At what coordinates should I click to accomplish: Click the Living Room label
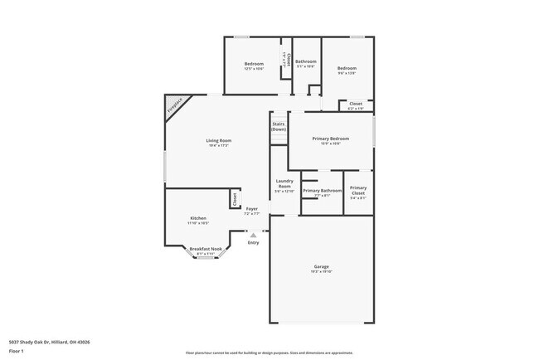(x=219, y=140)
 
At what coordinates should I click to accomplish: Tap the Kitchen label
(x=197, y=218)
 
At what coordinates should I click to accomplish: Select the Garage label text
(x=321, y=266)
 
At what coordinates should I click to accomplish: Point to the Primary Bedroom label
(x=330, y=139)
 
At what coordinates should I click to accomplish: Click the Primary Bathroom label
(x=323, y=191)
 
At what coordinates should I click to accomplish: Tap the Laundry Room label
(x=284, y=184)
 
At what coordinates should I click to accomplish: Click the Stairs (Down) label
(x=279, y=127)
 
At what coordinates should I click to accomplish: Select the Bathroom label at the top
(x=306, y=61)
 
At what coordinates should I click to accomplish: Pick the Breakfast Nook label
(x=205, y=249)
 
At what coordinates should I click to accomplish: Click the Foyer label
(x=250, y=208)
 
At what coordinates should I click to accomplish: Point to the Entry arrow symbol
(x=254, y=235)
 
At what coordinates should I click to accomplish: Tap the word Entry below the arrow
(x=253, y=242)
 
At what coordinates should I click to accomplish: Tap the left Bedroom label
(x=254, y=64)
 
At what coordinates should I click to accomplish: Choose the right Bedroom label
(x=347, y=68)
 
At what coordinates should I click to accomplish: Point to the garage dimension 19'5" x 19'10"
(x=321, y=271)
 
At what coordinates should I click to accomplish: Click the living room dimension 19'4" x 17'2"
(x=219, y=145)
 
